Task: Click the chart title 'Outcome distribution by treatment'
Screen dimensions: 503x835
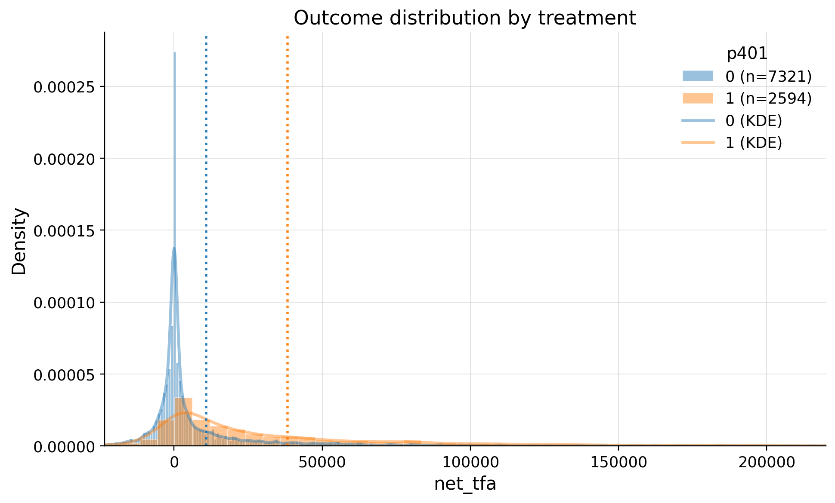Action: [x=464, y=18]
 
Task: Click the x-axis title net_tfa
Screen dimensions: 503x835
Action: [x=465, y=484]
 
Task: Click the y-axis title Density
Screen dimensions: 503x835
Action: [x=19, y=241]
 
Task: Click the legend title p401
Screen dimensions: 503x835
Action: [x=747, y=54]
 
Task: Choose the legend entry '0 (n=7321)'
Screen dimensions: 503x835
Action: [x=768, y=77]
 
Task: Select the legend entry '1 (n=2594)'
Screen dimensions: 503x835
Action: [x=768, y=98]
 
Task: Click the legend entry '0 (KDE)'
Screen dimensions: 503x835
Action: [x=753, y=121]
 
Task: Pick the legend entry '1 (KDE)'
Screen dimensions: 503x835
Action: [x=753, y=143]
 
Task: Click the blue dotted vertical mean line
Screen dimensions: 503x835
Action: [x=206, y=215]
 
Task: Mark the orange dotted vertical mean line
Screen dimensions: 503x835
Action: [x=287, y=215]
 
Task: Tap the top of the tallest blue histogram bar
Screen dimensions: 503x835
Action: [x=175, y=53]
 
